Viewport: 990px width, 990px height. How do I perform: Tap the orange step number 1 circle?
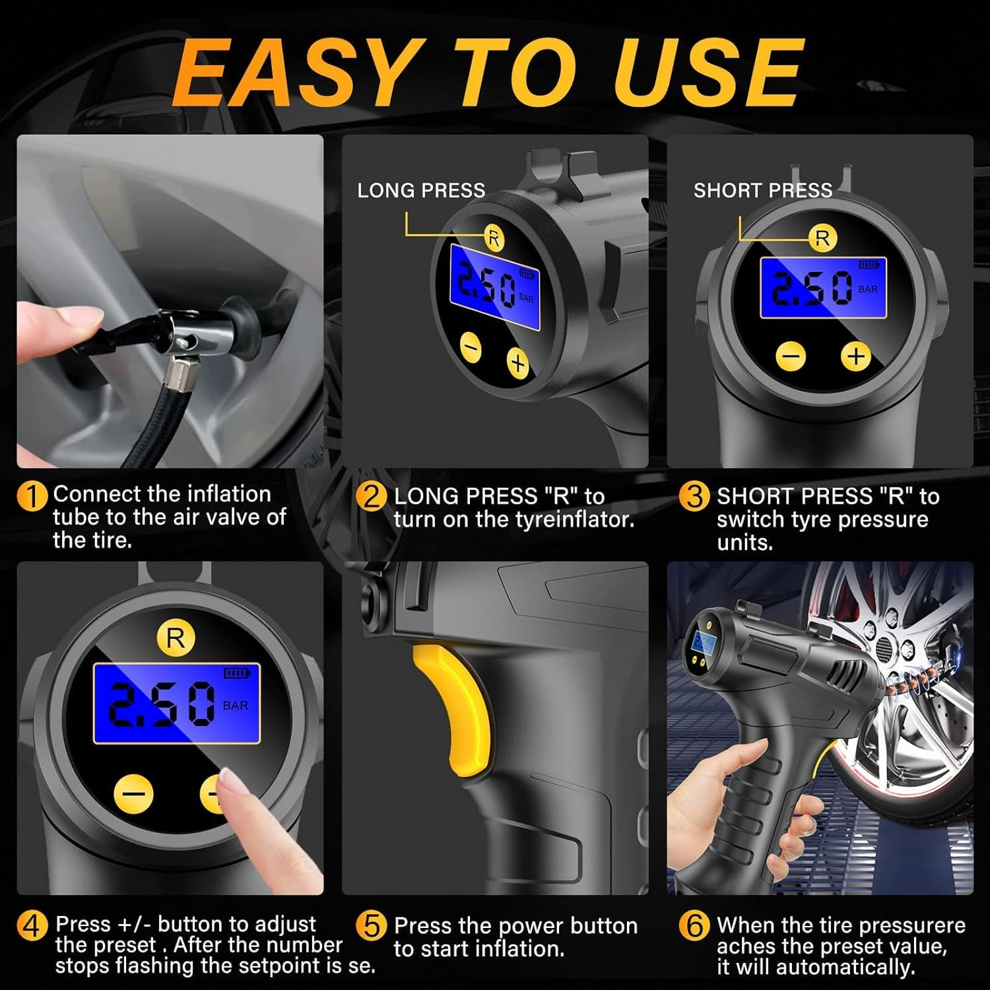tap(32, 496)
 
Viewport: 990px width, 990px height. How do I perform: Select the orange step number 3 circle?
tap(694, 496)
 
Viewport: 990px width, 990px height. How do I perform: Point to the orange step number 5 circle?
tap(371, 926)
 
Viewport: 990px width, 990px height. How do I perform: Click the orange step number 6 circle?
tap(694, 926)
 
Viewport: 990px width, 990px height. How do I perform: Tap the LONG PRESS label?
tap(421, 191)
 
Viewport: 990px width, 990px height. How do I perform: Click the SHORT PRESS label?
tap(762, 191)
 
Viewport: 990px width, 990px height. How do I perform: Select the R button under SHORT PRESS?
tap(822, 238)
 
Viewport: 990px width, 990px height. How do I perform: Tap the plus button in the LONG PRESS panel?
tap(518, 362)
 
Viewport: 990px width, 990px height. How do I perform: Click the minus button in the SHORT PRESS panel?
tap(791, 356)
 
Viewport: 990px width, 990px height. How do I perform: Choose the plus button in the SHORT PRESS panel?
tap(855, 356)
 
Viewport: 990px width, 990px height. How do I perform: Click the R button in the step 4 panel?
tap(176, 638)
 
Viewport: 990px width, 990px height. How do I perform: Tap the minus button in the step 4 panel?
tap(134, 793)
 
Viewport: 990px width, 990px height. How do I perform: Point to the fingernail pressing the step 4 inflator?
tap(232, 783)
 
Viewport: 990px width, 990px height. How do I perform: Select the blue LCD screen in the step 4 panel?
tap(176, 704)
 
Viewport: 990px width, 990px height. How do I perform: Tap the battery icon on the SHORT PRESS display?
tap(868, 265)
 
